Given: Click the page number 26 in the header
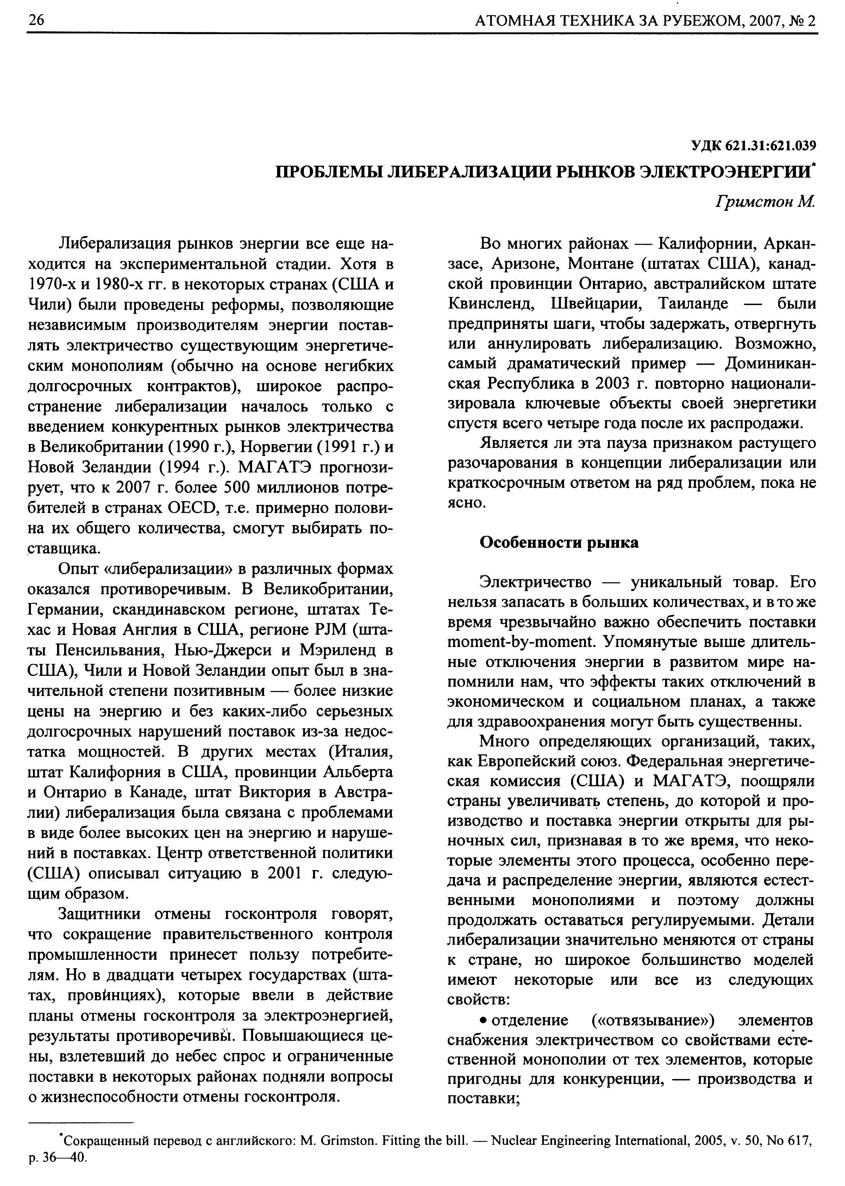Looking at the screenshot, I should [x=37, y=20].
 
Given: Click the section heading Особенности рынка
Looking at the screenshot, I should [x=559, y=542].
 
